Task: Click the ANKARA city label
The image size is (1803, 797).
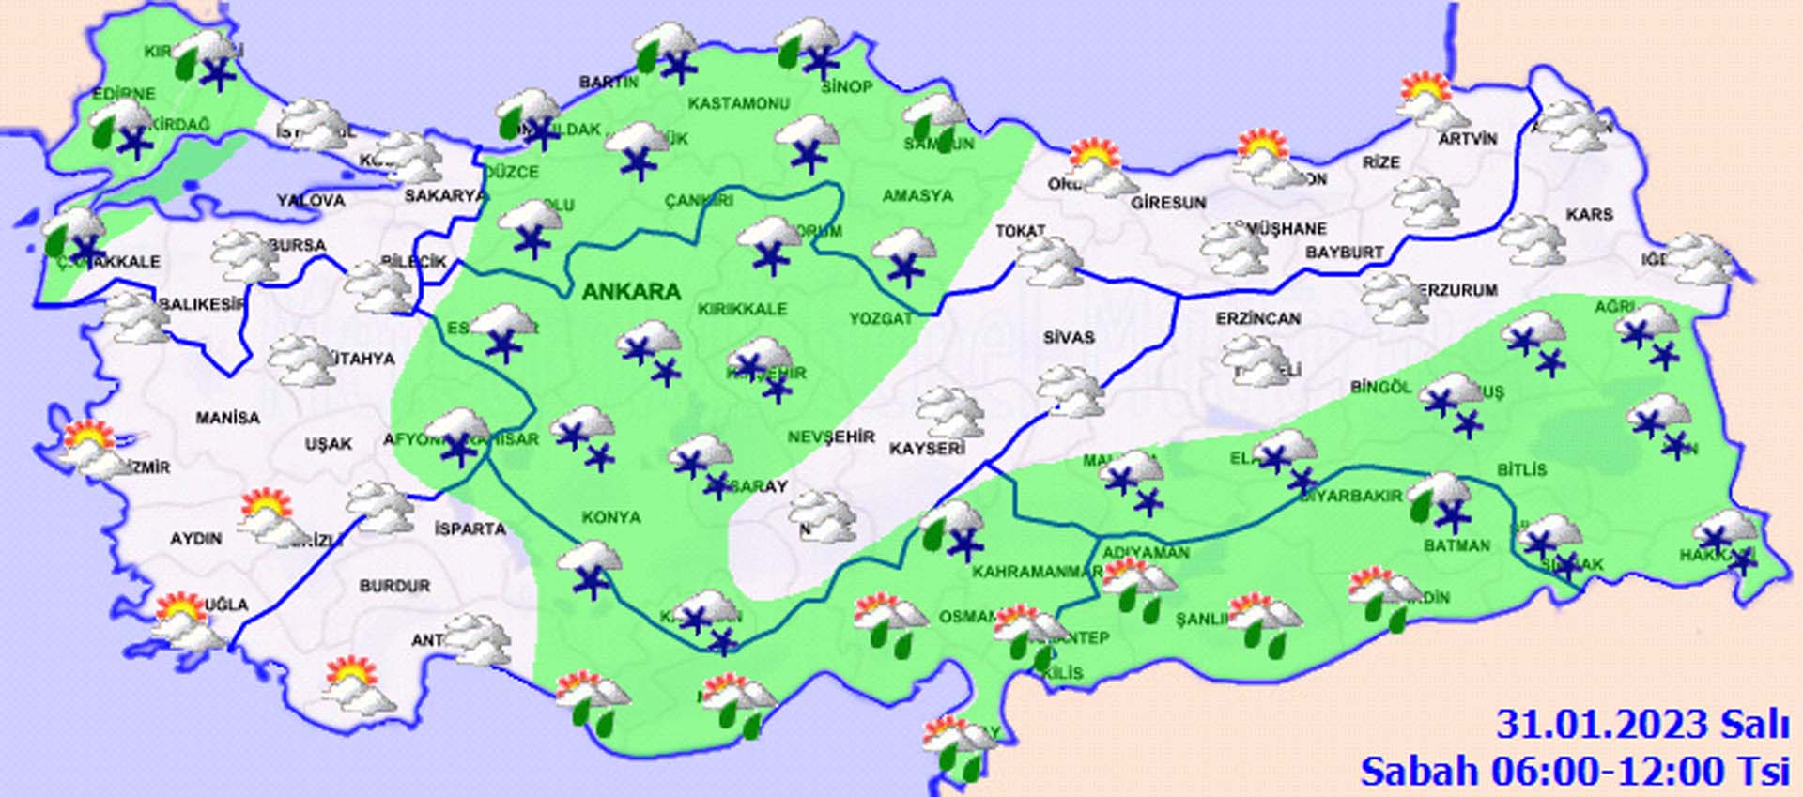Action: (631, 291)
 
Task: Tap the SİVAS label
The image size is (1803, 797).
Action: (1069, 337)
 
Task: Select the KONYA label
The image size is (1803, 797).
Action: (610, 517)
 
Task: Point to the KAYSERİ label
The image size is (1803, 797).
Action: (926, 449)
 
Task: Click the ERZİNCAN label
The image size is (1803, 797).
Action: (1258, 319)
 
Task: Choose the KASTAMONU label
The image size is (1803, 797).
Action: (739, 103)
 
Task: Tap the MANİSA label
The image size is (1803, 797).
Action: (227, 418)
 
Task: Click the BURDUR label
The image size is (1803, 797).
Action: (394, 586)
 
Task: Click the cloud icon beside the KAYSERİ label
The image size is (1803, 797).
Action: (949, 413)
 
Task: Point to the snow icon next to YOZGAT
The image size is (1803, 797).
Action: (904, 256)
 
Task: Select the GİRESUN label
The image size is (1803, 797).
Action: (1168, 203)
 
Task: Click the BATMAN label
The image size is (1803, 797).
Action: (1456, 545)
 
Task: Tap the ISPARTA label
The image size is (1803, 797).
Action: (470, 529)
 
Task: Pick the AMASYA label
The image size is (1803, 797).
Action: (917, 196)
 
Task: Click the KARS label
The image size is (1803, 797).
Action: (1589, 215)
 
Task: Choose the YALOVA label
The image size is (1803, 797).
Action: (311, 201)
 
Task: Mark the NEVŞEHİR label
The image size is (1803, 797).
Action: (830, 437)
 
